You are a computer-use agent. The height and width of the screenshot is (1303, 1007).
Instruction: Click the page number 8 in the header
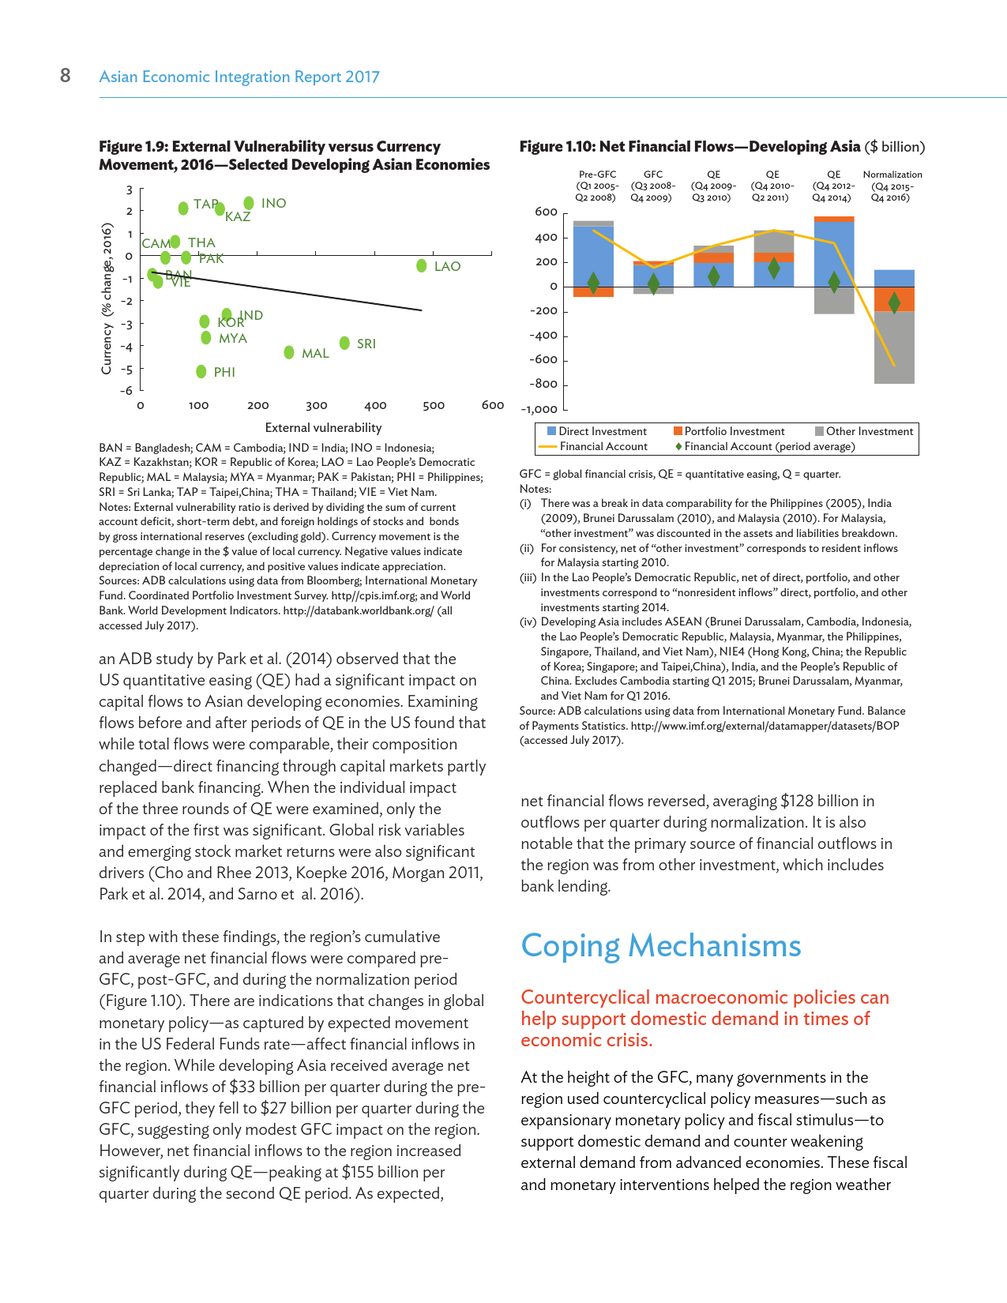click(66, 75)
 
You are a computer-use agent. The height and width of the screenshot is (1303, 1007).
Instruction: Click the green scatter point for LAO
click(422, 266)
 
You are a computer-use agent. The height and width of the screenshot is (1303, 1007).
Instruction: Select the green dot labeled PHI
click(201, 371)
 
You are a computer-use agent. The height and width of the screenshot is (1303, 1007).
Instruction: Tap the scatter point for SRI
click(344, 343)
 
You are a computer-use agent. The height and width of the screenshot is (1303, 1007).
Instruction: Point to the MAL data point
click(289, 352)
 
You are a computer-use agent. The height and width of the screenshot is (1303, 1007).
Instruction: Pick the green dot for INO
click(249, 203)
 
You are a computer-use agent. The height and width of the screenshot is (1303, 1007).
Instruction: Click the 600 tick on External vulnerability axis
click(492, 405)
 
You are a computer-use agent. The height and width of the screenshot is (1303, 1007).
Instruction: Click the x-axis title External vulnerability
click(323, 427)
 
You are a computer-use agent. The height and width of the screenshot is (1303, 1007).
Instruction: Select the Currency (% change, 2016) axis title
click(107, 299)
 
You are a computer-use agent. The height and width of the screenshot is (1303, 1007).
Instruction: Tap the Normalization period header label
click(892, 175)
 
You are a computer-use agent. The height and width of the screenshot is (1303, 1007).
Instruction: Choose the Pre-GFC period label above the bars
click(597, 175)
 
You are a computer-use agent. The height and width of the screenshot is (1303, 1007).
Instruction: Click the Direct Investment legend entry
click(602, 431)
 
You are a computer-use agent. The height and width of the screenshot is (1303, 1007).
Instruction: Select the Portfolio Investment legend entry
click(734, 431)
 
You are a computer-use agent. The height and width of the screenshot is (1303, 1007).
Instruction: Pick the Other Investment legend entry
click(869, 431)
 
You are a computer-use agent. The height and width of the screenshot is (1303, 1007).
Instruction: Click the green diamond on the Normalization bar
click(894, 302)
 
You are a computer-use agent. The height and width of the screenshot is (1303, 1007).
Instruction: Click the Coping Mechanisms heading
click(661, 945)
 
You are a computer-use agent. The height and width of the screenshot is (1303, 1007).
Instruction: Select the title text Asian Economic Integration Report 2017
click(239, 77)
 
